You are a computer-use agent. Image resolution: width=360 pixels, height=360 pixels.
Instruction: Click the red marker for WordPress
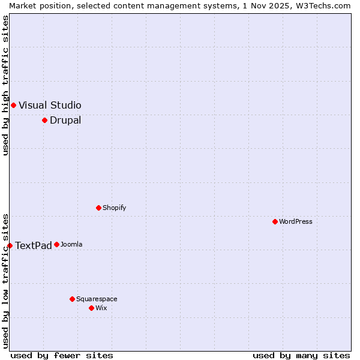[275, 221]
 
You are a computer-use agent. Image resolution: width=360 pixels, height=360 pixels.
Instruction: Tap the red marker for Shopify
[98, 208]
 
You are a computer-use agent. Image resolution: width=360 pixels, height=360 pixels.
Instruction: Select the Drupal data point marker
[44, 120]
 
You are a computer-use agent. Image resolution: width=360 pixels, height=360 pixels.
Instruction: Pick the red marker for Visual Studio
[13, 105]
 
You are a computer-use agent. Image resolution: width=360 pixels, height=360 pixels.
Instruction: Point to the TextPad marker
[10, 245]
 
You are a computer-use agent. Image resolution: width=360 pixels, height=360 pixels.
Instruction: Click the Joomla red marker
[56, 244]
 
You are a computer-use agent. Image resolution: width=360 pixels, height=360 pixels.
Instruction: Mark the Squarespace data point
[72, 299]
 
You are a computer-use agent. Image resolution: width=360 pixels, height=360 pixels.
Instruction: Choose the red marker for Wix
[91, 308]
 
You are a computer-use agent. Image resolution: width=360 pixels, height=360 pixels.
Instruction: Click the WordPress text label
[296, 221]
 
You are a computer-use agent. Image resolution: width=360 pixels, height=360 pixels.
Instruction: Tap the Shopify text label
[114, 208]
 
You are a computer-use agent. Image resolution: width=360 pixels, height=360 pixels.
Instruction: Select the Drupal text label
[65, 120]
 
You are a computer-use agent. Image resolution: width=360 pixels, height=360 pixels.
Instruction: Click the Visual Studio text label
[50, 105]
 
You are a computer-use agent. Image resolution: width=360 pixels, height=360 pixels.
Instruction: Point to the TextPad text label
[34, 245]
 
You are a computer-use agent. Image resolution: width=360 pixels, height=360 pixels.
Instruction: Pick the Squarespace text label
[97, 299]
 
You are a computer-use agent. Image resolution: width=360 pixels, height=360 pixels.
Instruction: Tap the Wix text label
[101, 308]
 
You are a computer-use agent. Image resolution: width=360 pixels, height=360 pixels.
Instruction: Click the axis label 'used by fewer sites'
[62, 355]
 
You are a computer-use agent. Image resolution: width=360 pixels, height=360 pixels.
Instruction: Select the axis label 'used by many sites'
[301, 355]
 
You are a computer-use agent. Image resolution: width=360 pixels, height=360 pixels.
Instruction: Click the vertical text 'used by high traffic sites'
[6, 85]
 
